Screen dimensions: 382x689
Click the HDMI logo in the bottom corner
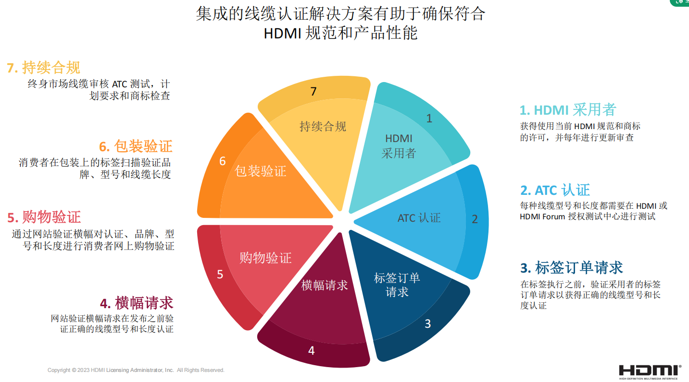[x=650, y=370]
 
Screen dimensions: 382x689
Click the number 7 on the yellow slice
[x=313, y=91]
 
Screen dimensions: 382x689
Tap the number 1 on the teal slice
[x=429, y=118]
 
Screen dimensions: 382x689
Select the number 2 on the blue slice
[x=475, y=219]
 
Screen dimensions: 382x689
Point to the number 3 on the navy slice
[x=427, y=324]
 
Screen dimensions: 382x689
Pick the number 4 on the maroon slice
[x=311, y=351]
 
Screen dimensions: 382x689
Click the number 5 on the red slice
[x=220, y=275]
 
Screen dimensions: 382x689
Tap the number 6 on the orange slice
[x=222, y=161]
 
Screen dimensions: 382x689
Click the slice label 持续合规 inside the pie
[x=323, y=127]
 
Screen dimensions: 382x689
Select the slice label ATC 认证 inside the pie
[x=419, y=218]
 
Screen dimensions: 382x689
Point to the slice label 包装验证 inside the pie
[x=261, y=171]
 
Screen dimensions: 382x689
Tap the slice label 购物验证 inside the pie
[x=265, y=258]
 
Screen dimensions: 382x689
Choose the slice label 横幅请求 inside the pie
[x=325, y=285]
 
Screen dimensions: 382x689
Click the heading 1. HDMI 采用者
[x=567, y=110]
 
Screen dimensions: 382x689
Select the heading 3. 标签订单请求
[x=571, y=267]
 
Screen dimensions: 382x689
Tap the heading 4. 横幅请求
[x=137, y=303]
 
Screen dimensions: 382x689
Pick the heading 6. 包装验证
[x=136, y=146]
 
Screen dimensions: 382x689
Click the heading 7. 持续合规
[x=43, y=68]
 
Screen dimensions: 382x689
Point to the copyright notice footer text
[x=136, y=370]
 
